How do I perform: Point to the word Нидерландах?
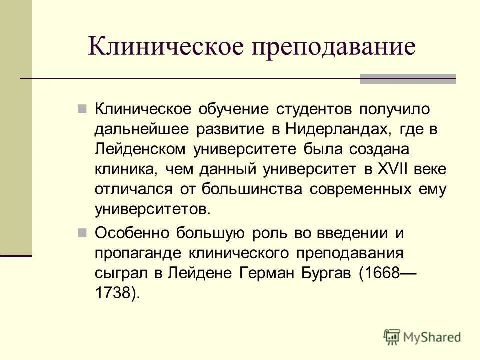click(x=338, y=129)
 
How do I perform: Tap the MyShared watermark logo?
click(x=422, y=337)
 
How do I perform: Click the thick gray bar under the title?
click(x=407, y=79)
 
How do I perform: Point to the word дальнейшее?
click(x=142, y=129)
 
